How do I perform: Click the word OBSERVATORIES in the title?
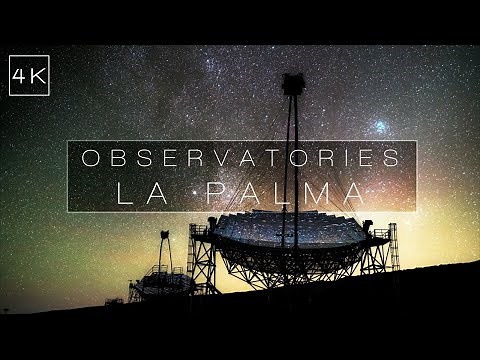click(x=241, y=158)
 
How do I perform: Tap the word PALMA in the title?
click(x=281, y=192)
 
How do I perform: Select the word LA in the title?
click(x=136, y=192)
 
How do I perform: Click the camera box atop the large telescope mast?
click(x=293, y=84)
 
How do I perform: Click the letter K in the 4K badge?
click(x=38, y=75)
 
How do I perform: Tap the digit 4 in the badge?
click(x=21, y=75)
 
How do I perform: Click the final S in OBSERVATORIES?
click(x=393, y=158)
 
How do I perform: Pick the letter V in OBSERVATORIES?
click(x=216, y=158)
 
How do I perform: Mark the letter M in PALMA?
click(x=314, y=192)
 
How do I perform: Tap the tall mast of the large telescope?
click(x=294, y=150)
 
